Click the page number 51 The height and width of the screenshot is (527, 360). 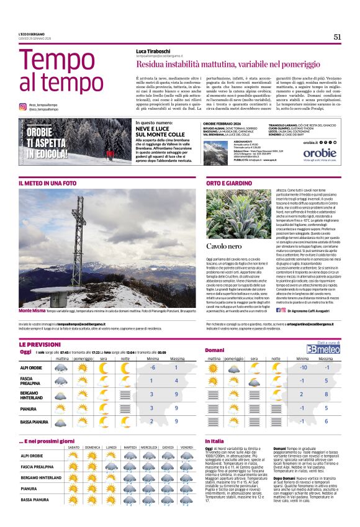[x=337, y=37]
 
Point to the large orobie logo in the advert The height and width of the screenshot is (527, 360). [x=320, y=153]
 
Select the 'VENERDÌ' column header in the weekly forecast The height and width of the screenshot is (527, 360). [x=187, y=448]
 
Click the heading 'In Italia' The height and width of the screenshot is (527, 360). [x=215, y=441]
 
